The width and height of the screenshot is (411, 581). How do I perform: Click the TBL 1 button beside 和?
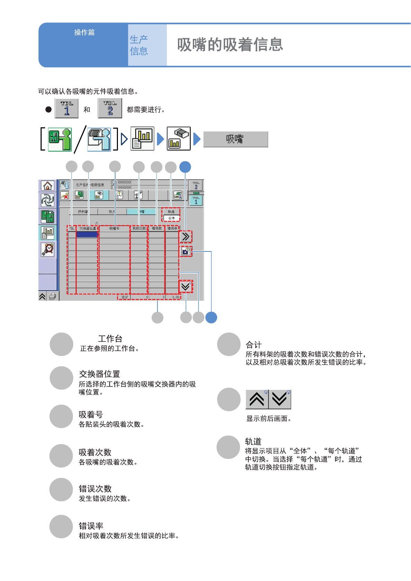pos(67,109)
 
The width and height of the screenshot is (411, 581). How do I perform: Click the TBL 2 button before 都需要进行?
pos(110,109)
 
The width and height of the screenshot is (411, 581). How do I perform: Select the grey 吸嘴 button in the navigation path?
pos(236,139)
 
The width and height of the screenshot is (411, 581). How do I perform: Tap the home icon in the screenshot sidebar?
pos(48,186)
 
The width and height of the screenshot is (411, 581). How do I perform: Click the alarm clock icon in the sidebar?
pos(48,249)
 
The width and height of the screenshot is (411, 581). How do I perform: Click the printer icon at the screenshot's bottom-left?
pos(52,296)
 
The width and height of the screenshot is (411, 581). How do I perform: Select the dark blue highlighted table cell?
pos(87,234)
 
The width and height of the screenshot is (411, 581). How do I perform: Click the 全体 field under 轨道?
pos(171,218)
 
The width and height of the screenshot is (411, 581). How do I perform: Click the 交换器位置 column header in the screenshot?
pos(87,228)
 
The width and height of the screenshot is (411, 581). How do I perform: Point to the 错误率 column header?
pos(172,228)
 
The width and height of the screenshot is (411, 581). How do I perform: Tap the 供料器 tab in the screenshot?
pos(83,212)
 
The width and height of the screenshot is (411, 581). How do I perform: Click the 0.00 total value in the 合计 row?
pos(175,297)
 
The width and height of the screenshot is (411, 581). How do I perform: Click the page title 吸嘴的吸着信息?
pos(230,45)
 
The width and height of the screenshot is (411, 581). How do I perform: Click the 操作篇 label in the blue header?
pos(84,33)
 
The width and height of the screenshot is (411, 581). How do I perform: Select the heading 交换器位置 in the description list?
pos(100,374)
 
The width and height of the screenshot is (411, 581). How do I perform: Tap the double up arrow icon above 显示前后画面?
pos(257,400)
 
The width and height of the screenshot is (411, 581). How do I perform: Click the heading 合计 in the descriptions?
pos(254,345)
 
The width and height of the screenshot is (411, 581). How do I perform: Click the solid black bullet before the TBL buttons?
pos(49,109)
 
